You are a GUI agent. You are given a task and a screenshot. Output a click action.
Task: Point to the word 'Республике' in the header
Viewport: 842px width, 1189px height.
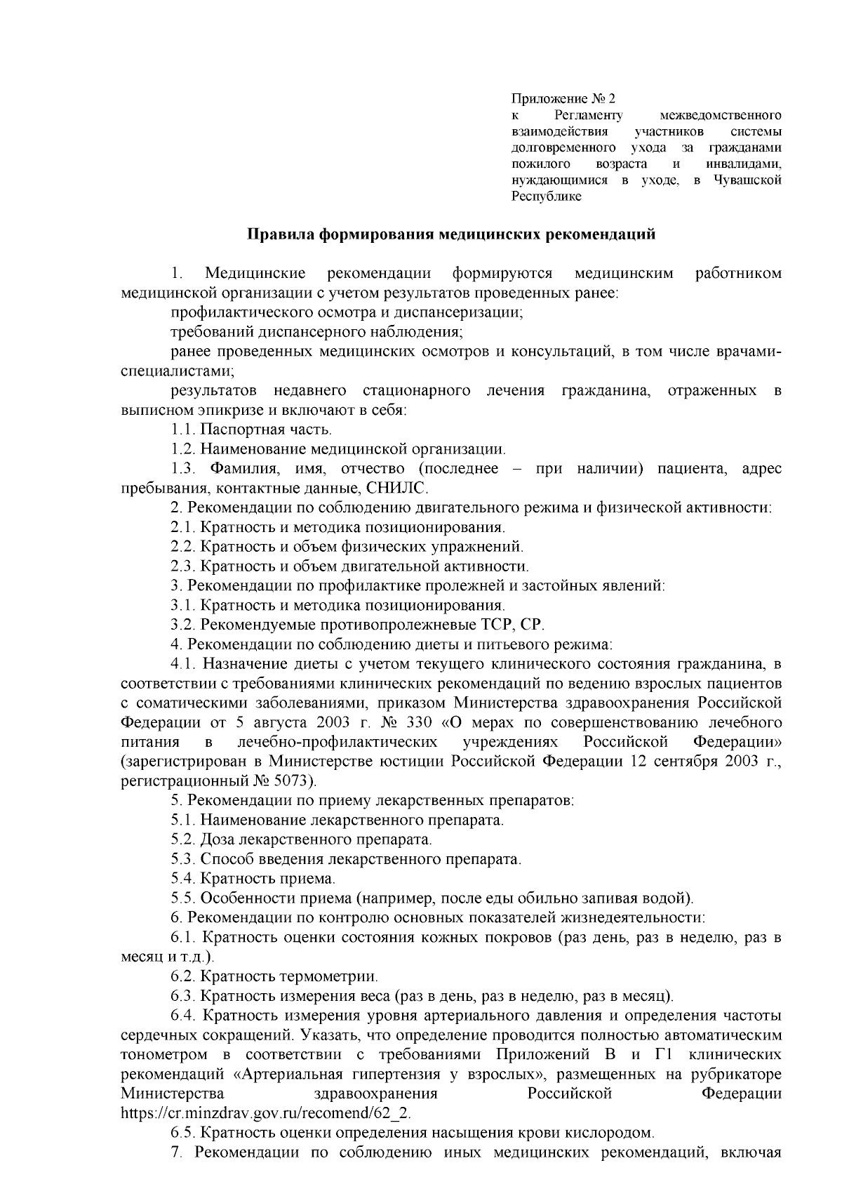point(547,197)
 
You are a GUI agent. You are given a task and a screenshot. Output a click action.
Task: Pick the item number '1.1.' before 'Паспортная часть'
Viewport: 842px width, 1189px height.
point(184,429)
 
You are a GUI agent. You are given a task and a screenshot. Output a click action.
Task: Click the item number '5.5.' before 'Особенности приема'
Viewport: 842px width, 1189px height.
point(184,898)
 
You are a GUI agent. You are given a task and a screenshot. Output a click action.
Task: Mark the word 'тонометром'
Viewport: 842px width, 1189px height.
point(164,1054)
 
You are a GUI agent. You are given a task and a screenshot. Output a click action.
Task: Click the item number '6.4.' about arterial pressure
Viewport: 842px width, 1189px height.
point(185,1015)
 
